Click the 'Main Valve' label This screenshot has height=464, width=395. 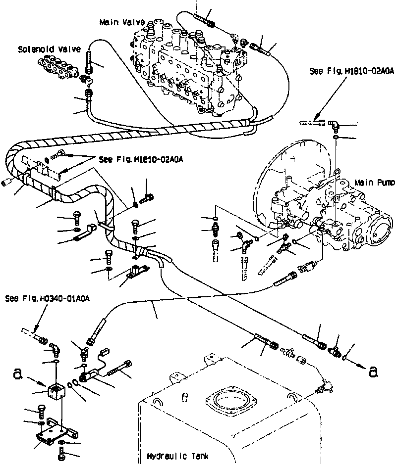[x=122, y=22]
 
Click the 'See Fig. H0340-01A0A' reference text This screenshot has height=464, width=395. [x=48, y=298]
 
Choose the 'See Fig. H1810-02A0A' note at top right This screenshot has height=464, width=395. [x=352, y=71]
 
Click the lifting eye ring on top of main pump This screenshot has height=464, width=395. [x=338, y=172]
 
